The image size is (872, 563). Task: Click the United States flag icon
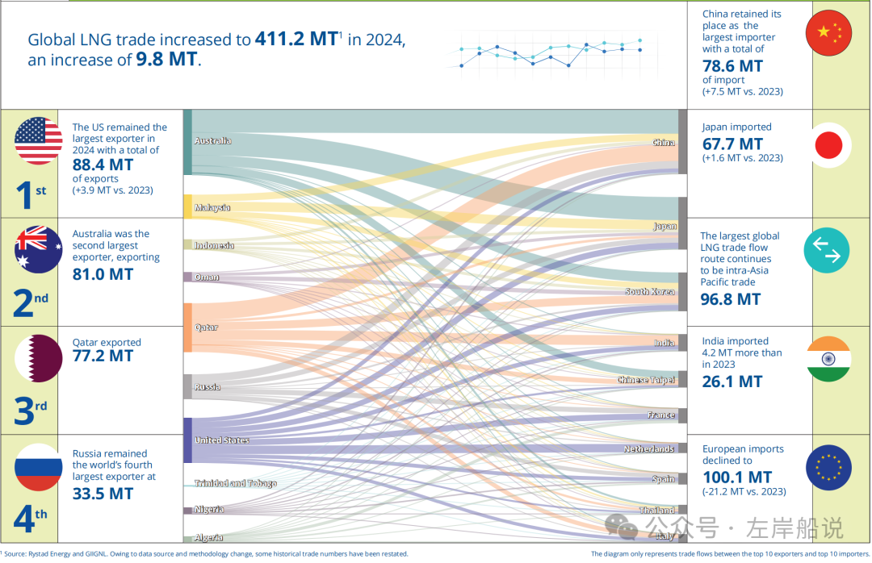click(39, 141)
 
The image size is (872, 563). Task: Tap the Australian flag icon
click(39, 249)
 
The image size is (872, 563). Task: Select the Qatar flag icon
click(39, 358)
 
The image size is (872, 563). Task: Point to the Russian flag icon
click(39, 467)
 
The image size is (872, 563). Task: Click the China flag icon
click(828, 32)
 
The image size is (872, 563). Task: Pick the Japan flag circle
click(828, 145)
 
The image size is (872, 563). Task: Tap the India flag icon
click(828, 358)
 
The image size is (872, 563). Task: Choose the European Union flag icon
click(828, 467)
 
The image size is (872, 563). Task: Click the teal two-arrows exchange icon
click(827, 250)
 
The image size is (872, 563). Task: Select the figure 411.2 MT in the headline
click(296, 39)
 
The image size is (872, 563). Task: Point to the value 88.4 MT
click(103, 165)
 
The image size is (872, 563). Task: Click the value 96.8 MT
click(730, 299)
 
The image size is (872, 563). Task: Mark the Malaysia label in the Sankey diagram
click(212, 207)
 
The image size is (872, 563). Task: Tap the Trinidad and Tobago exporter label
click(235, 483)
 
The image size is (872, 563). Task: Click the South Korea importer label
click(649, 291)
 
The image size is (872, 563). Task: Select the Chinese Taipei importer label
click(646, 380)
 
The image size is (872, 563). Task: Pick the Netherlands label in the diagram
click(649, 448)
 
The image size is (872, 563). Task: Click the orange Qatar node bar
click(188, 327)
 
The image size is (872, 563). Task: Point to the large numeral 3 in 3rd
click(24, 411)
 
